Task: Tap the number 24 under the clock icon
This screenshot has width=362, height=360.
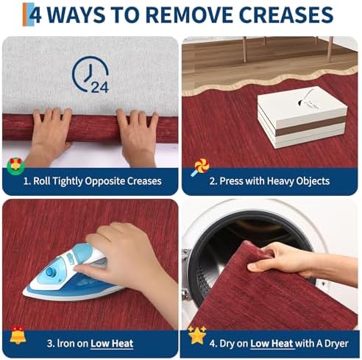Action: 99,87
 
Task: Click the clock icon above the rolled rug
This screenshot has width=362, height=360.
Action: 90,74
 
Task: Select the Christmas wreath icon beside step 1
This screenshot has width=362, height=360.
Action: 15,166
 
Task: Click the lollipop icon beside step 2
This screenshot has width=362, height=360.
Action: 200,167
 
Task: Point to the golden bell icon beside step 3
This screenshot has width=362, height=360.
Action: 18,335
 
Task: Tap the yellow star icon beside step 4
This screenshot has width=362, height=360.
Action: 197,335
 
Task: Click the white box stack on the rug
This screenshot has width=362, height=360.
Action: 302,117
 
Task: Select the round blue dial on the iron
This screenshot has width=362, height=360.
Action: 51,272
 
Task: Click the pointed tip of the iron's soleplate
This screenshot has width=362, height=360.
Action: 24,292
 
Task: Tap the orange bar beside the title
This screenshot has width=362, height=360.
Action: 25,15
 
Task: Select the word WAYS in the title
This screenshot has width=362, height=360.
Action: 77,15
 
